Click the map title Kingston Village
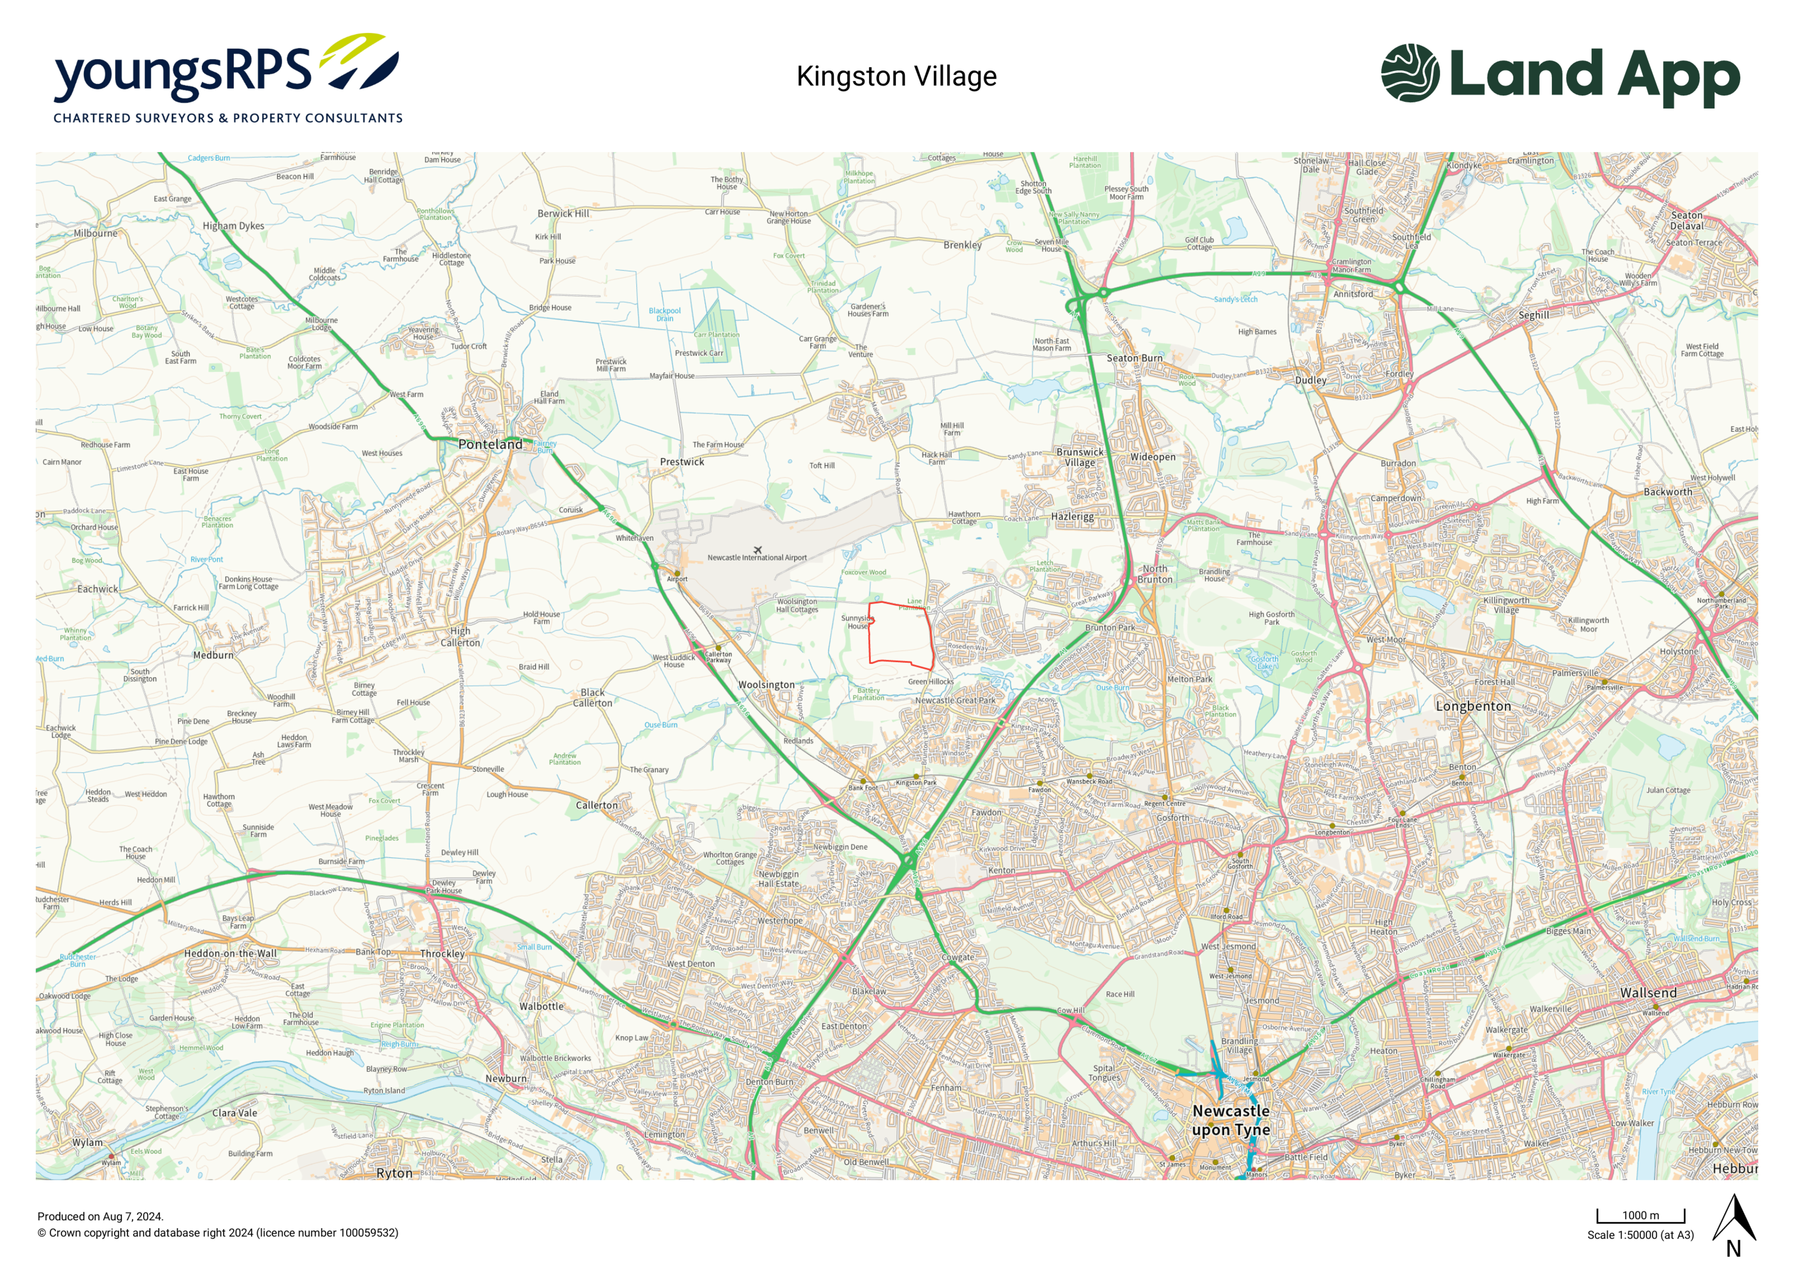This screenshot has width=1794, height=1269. coord(896,77)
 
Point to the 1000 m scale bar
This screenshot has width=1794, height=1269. coord(1640,1216)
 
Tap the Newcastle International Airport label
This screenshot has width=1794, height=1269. coord(757,558)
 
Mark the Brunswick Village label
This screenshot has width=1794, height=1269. coord(1080,457)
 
